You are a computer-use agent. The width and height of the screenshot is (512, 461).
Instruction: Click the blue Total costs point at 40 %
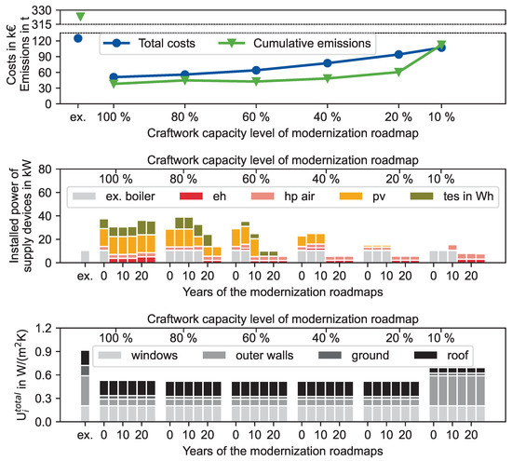pos(326,63)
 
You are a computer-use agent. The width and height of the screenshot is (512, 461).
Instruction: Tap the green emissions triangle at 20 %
pos(398,72)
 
